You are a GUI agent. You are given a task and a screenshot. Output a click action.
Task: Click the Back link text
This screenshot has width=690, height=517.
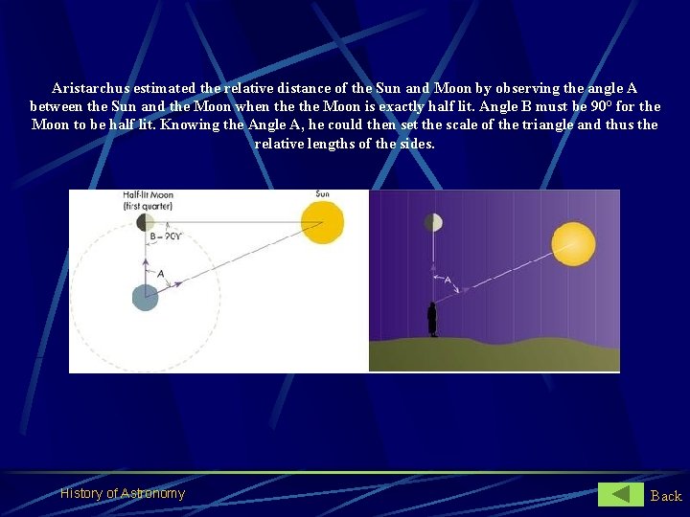pyautogui.click(x=666, y=495)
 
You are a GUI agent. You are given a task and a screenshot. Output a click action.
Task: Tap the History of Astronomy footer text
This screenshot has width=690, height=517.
pyautogui.click(x=123, y=493)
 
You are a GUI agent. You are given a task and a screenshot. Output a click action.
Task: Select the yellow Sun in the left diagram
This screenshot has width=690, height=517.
pyautogui.click(x=322, y=222)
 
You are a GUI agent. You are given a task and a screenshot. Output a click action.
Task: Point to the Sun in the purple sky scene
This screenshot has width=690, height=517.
pyautogui.click(x=573, y=243)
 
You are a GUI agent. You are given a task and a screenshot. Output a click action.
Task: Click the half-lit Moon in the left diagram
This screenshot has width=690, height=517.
pyautogui.click(x=145, y=222)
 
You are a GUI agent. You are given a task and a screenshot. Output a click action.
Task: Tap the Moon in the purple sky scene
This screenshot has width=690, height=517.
pyautogui.click(x=433, y=223)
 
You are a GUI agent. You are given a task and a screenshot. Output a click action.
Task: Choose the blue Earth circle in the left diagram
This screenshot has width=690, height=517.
pyautogui.click(x=145, y=297)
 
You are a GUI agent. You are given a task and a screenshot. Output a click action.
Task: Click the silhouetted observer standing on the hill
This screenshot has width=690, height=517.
pyautogui.click(x=433, y=319)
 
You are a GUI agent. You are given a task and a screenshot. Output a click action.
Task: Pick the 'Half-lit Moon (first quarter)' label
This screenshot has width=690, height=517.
pyautogui.click(x=148, y=199)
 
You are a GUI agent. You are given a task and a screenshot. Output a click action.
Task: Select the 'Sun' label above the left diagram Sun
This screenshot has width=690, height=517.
pyautogui.click(x=322, y=194)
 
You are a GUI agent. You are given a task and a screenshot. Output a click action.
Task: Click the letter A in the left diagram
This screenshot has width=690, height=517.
pyautogui.click(x=161, y=274)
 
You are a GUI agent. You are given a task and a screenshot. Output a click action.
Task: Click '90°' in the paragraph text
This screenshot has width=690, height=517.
pyautogui.click(x=604, y=105)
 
